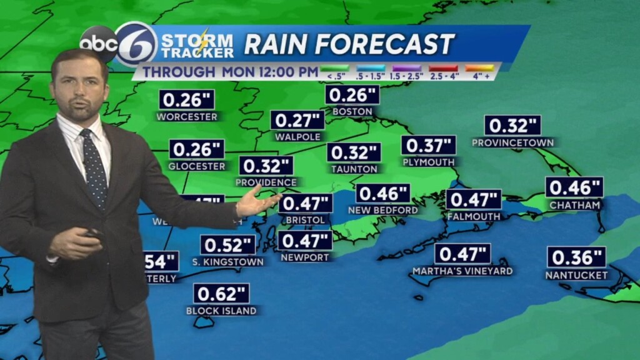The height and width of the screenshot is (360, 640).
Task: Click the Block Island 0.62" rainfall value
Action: [x=221, y=293]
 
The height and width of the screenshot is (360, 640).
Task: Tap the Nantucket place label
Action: [x=576, y=275]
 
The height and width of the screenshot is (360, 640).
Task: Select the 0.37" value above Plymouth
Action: [x=428, y=146]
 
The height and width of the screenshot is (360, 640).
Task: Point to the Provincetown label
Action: [x=512, y=142]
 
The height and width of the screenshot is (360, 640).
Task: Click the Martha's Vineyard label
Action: [x=462, y=271]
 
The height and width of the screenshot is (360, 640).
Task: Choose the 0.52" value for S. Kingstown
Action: [x=227, y=245]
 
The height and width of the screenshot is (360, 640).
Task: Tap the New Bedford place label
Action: [x=383, y=210]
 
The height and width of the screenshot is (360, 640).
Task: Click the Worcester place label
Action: [x=187, y=117]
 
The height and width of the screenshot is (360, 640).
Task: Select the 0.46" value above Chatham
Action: [x=574, y=187]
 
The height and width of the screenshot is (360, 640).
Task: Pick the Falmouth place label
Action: [x=474, y=217]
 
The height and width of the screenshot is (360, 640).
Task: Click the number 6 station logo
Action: [x=136, y=44]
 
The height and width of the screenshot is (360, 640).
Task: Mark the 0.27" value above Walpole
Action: [x=297, y=120]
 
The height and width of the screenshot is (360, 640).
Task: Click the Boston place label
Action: [x=352, y=112]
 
